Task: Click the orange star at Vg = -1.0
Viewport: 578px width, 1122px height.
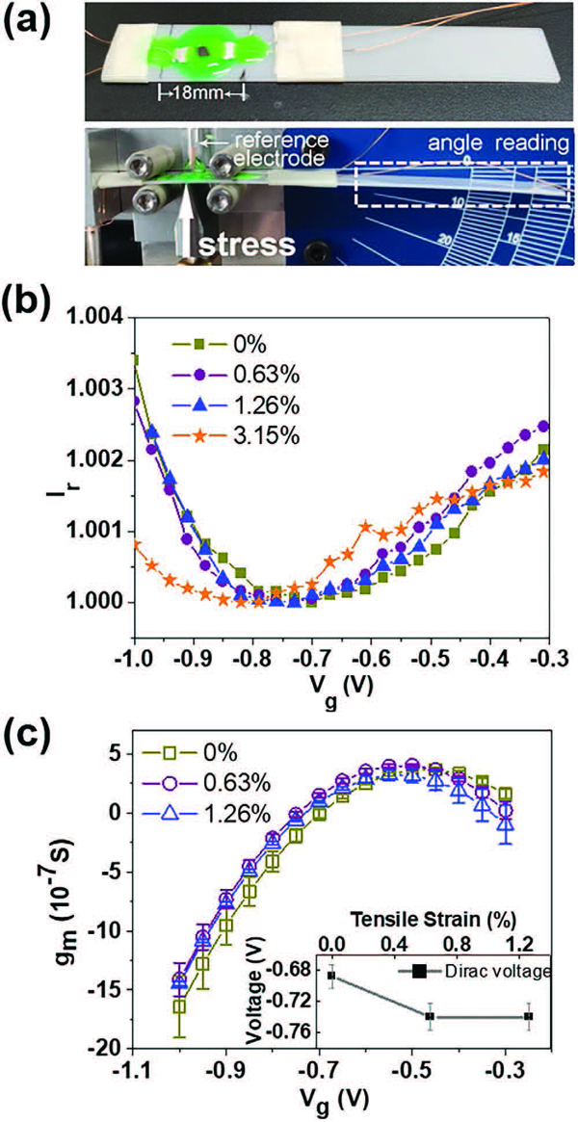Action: pyautogui.click(x=135, y=544)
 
